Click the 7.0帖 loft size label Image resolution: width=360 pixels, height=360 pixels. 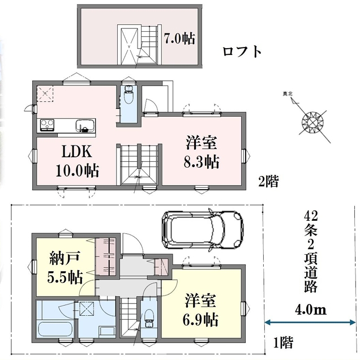179,38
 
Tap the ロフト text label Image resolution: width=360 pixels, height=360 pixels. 242,52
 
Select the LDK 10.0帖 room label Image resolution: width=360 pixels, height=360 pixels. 78,161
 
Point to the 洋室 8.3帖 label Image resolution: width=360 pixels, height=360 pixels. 202,152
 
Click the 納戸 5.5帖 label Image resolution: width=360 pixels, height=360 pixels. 65,268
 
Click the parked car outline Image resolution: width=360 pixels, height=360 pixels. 203,230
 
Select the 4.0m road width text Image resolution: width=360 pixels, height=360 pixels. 310,310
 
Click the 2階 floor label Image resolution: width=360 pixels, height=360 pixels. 268,181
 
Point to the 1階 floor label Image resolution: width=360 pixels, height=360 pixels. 284,342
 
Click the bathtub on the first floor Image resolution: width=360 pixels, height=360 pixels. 55,329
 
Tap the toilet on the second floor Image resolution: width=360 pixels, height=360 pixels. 128,95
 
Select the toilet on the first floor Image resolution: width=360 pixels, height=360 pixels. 149,319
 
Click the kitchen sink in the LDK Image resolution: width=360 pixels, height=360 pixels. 85,126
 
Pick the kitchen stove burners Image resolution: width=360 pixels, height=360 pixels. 48,125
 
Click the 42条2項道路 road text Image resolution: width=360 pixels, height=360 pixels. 311,252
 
